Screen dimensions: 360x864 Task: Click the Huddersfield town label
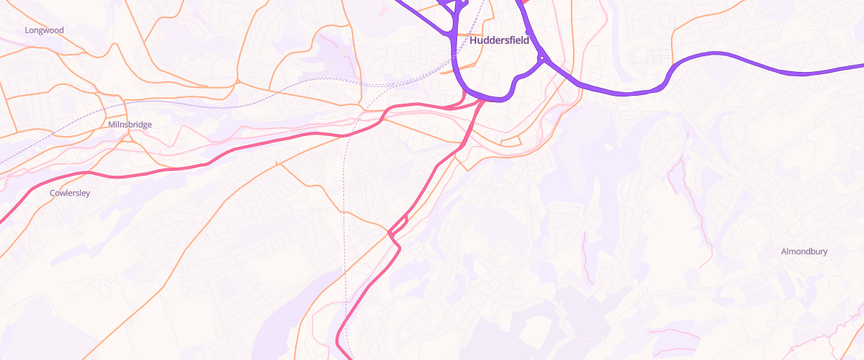499,41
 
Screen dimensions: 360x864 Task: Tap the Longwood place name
45,30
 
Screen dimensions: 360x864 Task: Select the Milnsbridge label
130,125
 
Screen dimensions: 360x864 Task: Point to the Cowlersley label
70,193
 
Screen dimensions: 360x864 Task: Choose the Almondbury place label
804,251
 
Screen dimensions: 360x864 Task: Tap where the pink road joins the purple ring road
481,100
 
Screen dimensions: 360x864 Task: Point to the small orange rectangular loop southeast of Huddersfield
512,140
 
